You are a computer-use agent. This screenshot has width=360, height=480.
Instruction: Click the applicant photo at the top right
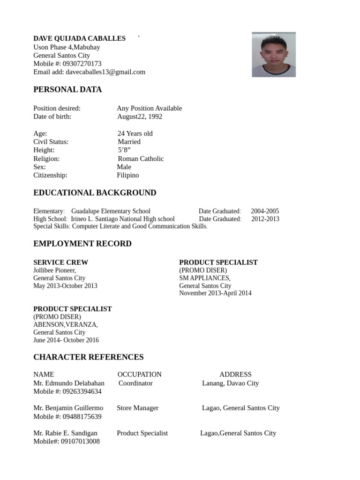[x=274, y=54]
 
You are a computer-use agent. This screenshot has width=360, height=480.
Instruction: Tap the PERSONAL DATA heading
[x=67, y=90]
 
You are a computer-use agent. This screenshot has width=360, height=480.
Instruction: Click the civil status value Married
[x=129, y=142]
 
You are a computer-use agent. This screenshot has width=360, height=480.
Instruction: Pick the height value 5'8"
[x=124, y=150]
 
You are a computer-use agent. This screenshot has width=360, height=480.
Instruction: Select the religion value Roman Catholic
[x=141, y=158]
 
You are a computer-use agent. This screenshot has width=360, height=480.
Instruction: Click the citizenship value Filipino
[x=128, y=175]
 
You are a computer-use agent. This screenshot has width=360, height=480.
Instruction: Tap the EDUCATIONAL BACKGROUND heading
[x=95, y=193]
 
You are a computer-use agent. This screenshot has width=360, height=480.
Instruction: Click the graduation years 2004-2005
[x=265, y=211]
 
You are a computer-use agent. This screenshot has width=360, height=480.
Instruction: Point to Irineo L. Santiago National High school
[x=123, y=219]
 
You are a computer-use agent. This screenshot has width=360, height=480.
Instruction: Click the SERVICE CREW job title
[x=60, y=262]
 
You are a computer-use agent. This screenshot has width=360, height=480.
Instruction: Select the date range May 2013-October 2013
[x=65, y=286]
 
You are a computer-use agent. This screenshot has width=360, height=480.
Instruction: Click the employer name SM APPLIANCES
[x=204, y=278]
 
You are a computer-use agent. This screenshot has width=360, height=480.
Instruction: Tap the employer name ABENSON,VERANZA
[x=66, y=324]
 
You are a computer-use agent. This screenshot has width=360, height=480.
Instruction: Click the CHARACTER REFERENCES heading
[x=89, y=357]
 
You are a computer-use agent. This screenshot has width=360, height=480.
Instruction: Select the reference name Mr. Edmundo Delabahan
[x=69, y=383]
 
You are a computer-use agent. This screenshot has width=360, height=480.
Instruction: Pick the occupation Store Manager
[x=137, y=408]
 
